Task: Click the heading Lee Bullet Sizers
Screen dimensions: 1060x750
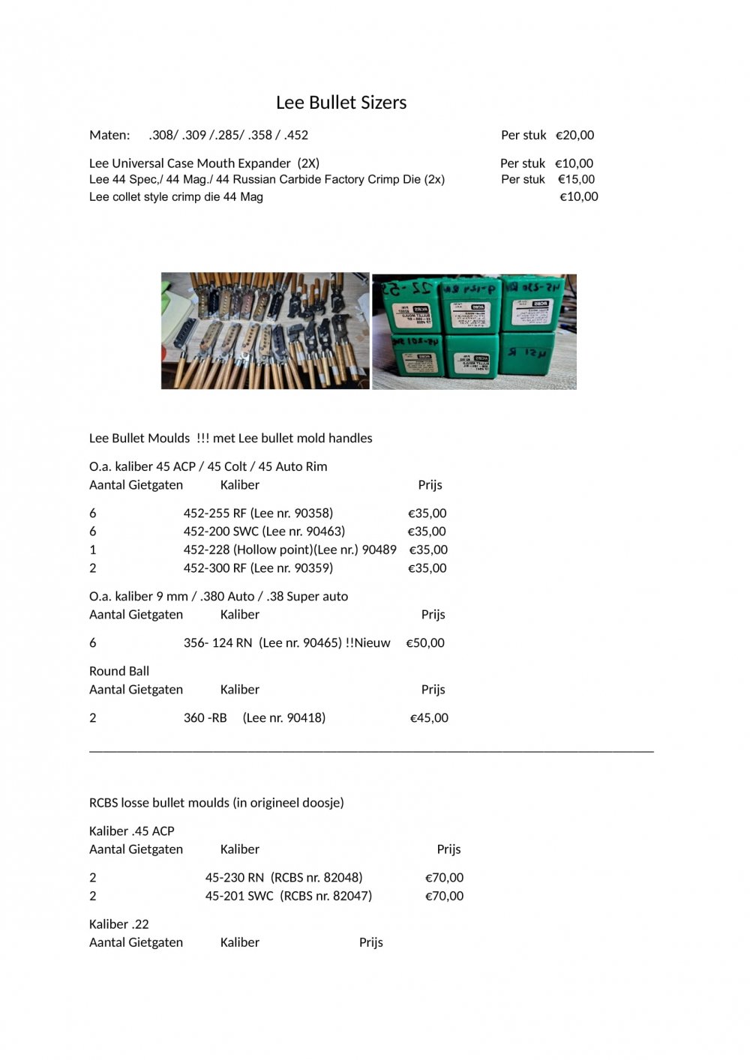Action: click(341, 103)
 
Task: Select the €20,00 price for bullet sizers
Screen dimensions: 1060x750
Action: click(574, 135)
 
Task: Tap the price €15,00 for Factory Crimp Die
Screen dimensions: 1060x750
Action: click(576, 179)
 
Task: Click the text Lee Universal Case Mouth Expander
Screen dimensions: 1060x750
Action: click(190, 163)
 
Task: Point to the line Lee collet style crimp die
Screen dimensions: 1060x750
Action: click(175, 196)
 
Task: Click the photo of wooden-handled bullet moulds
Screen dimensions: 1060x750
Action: click(265, 330)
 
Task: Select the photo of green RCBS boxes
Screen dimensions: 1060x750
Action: click(474, 331)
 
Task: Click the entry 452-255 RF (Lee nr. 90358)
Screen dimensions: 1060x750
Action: click(258, 514)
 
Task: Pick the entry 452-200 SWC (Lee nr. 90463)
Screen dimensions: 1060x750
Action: click(264, 531)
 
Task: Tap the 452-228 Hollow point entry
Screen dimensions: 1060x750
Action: click(289, 549)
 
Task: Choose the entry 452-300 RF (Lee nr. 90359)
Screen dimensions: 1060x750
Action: click(258, 568)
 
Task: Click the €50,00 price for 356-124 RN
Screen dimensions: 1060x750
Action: click(425, 642)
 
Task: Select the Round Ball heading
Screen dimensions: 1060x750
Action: click(119, 671)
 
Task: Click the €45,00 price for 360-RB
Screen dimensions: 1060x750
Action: click(429, 717)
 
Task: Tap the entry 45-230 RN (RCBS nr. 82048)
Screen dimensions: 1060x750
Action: click(283, 877)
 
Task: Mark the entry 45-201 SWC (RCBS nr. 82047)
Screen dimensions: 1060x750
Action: click(288, 896)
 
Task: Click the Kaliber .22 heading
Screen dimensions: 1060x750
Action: click(119, 924)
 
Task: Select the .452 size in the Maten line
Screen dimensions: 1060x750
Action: click(296, 135)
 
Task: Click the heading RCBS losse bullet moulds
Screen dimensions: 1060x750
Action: click(216, 803)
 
